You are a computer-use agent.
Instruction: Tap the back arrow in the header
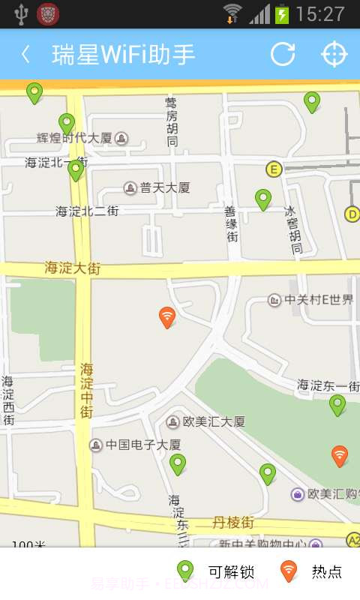coord(26,54)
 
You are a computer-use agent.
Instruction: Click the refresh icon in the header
coord(283,54)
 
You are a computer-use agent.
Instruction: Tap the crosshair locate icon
coord(334,54)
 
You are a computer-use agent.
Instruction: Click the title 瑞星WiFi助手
coord(124,54)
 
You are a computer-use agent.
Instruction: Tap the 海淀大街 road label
coord(72,268)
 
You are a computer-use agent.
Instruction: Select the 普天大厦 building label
coord(164,187)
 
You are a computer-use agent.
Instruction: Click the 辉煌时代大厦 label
coord(74,138)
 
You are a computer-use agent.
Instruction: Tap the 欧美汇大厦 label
coord(214,421)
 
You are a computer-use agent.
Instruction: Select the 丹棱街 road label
coord(233,521)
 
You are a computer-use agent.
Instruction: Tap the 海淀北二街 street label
coord(87,211)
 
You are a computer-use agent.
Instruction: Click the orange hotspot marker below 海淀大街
coord(167,316)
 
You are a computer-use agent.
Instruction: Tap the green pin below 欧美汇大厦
coord(177,463)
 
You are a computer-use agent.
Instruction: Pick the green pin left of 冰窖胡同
coord(262,199)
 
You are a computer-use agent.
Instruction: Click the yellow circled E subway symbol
coord(273,169)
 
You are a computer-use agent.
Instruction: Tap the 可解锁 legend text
coord(231,572)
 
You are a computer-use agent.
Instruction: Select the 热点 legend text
coord(326,572)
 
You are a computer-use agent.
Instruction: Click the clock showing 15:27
coord(320,14)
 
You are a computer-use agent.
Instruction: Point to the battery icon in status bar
coord(282,14)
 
